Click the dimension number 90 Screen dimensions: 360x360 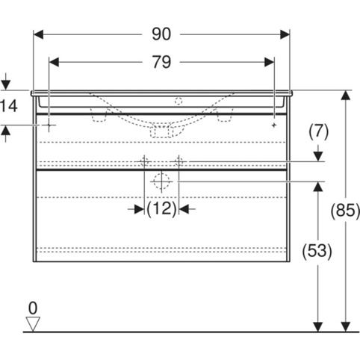click(161, 34)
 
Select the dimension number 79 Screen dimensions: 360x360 click(161, 62)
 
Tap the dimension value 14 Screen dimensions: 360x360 click(8, 106)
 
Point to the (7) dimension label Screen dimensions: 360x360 click(319, 131)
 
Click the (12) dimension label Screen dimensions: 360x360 click(161, 208)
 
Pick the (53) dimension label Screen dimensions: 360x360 click(317, 251)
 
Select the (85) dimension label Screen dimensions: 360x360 click(345, 211)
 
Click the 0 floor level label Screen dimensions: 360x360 click(33, 308)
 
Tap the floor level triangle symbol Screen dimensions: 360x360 click(33, 324)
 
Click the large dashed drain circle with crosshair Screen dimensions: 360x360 click(161, 181)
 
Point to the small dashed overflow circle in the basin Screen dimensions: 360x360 click(179, 101)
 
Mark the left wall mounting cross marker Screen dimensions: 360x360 click(49, 125)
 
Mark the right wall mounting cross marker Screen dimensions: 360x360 click(274, 125)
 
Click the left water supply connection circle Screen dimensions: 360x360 click(144, 162)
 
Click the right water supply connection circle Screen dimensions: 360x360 click(179, 162)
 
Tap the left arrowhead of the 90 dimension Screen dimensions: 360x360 click(38, 34)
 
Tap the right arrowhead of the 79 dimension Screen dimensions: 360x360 click(270, 62)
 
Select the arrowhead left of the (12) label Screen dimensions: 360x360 click(139, 209)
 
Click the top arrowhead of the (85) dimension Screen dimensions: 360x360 click(346, 95)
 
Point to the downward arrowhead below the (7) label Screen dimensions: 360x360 click(318, 157)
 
